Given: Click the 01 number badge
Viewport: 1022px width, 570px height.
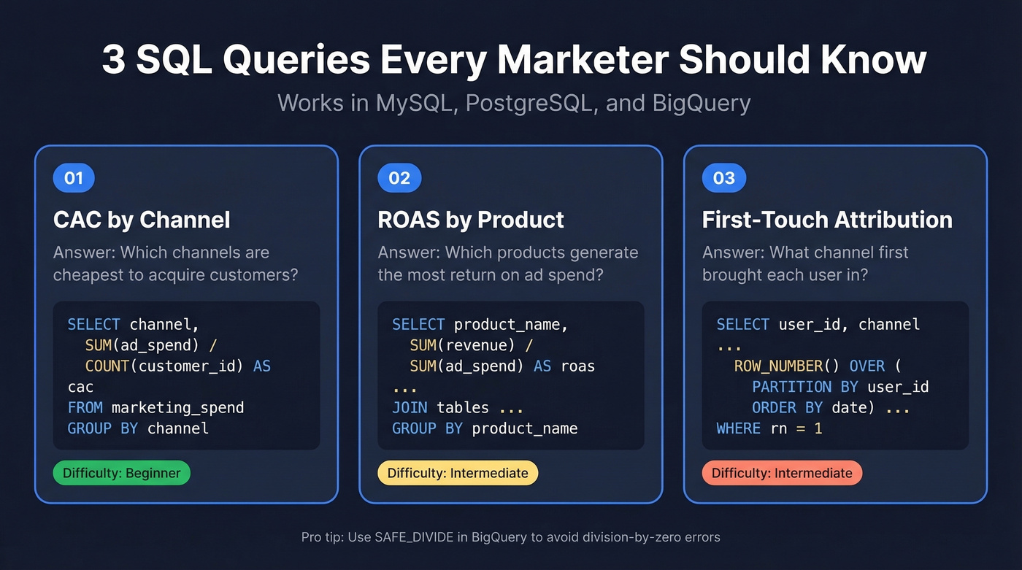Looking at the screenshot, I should pyautogui.click(x=74, y=178).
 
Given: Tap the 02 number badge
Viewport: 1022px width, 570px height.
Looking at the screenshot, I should pyautogui.click(x=399, y=178).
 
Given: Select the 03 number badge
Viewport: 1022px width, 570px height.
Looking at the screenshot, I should pyautogui.click(x=723, y=178).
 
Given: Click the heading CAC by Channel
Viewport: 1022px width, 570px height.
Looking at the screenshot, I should pyautogui.click(x=142, y=220).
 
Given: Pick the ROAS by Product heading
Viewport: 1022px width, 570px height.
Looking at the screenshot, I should pyautogui.click(x=471, y=220).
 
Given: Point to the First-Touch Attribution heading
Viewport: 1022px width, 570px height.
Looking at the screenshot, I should pyautogui.click(x=827, y=220).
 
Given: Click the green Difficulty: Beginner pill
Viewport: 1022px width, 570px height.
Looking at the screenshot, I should pyautogui.click(x=121, y=473).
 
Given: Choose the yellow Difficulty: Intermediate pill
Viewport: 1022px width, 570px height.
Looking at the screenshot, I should pyautogui.click(x=458, y=473).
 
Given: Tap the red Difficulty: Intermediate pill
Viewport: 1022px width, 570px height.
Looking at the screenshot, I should pyautogui.click(x=782, y=473).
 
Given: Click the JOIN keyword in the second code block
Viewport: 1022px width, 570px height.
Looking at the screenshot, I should pyautogui.click(x=410, y=407).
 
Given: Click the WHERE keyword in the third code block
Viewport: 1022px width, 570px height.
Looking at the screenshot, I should pyautogui.click(x=738, y=428).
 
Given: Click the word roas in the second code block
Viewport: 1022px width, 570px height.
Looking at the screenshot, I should pyautogui.click(x=577, y=366).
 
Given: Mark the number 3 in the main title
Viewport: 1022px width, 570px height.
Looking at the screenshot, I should pyautogui.click(x=113, y=61).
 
